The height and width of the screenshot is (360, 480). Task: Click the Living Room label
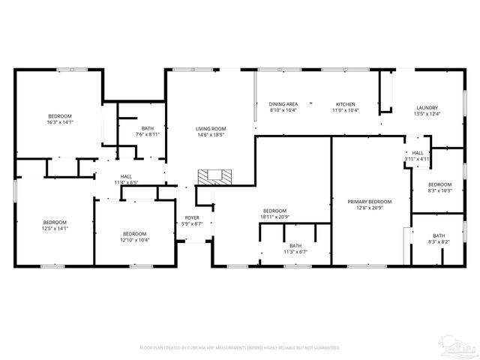[211, 128]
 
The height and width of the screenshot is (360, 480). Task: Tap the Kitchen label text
[345, 104]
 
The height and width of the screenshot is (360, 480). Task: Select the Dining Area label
[283, 104]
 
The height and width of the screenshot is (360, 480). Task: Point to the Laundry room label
[427, 108]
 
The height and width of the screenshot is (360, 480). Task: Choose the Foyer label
[193, 217]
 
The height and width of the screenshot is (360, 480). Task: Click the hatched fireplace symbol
[215, 176]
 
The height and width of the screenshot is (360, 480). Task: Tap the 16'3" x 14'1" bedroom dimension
[60, 121]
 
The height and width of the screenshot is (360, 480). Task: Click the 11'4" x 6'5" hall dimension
[127, 182]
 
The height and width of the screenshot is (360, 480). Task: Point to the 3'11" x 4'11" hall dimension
[418, 159]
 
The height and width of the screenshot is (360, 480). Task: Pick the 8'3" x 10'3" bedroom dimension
[440, 190]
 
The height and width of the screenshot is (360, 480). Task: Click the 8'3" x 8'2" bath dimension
[438, 241]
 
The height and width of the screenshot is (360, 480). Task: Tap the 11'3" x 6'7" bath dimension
[295, 251]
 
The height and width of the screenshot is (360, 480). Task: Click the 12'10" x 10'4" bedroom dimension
[134, 240]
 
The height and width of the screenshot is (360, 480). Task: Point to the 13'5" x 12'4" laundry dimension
[427, 114]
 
